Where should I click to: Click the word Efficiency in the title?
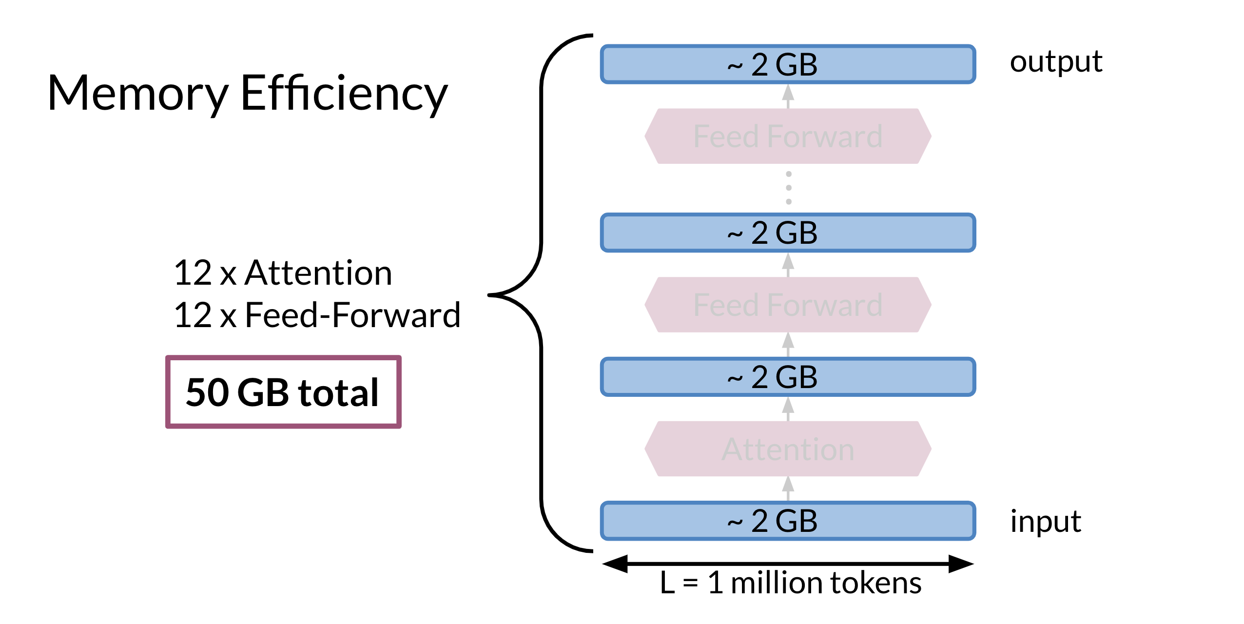(344, 94)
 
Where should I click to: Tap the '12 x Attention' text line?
(283, 273)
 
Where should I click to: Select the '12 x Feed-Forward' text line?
(317, 315)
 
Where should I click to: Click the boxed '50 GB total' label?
(283, 392)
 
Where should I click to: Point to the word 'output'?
(1056, 62)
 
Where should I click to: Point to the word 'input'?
(1046, 521)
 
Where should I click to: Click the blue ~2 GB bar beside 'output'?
(788, 64)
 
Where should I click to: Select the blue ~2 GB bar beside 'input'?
(788, 521)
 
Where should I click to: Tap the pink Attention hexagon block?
(788, 448)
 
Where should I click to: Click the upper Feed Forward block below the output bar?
(788, 136)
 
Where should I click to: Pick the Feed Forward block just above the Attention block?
(788, 305)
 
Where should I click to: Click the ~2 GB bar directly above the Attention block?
(788, 377)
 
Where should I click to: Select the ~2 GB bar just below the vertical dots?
(788, 233)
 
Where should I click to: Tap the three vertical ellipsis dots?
(789, 188)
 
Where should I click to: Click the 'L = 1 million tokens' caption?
(790, 583)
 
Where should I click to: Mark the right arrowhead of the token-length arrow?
(961, 564)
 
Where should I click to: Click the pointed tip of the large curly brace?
(489, 295)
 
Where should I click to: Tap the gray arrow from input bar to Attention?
(788, 488)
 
